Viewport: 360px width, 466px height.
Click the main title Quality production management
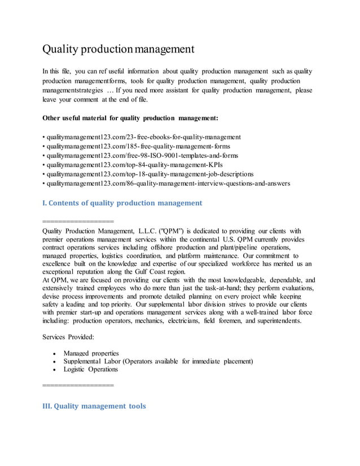[x=118, y=49]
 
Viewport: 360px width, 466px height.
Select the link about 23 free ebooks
[x=143, y=137]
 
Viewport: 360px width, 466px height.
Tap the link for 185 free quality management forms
[x=138, y=146]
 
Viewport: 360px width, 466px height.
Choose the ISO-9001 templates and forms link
[x=142, y=155]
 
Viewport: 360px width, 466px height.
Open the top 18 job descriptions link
[x=150, y=174]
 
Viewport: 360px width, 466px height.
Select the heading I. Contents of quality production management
[x=122, y=203]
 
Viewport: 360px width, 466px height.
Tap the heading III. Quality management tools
[x=94, y=406]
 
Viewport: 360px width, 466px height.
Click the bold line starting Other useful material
[x=130, y=118]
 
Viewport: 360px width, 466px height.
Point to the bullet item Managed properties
[x=91, y=353]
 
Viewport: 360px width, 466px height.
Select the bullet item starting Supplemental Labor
[x=158, y=361]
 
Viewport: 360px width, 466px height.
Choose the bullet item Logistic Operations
[x=91, y=370]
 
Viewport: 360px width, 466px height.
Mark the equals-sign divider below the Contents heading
[x=78, y=220]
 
